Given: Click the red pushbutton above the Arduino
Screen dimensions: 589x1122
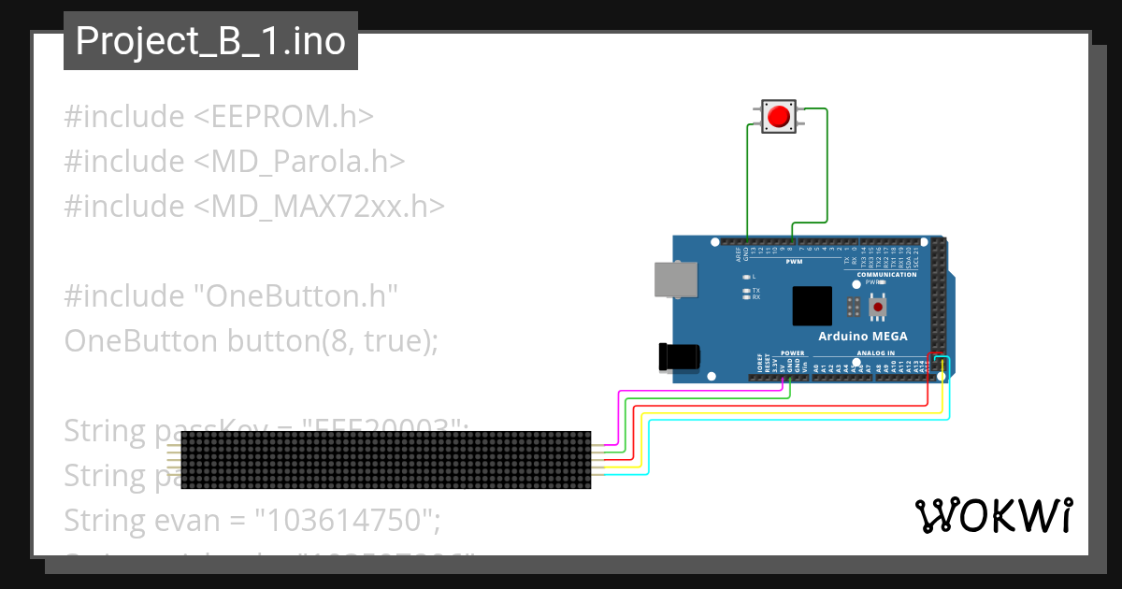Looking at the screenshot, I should coord(778,117).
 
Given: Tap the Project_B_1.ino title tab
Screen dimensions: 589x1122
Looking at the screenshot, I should coord(210,41).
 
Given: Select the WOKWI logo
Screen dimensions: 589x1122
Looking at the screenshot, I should coord(993,515).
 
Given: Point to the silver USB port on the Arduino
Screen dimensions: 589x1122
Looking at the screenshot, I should coord(674,280).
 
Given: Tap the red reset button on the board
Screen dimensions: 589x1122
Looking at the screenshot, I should coord(878,307).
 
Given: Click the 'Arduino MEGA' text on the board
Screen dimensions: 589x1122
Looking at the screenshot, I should coord(862,337).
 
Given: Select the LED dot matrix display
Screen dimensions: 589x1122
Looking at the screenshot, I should coord(385,460).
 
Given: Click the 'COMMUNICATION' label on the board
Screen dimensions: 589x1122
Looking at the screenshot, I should coord(886,274).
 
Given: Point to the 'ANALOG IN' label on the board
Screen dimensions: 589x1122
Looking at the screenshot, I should coord(875,353).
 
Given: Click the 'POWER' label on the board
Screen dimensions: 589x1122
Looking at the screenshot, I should coord(792,353).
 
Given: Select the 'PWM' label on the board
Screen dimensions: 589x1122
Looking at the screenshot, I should coord(794,263).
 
